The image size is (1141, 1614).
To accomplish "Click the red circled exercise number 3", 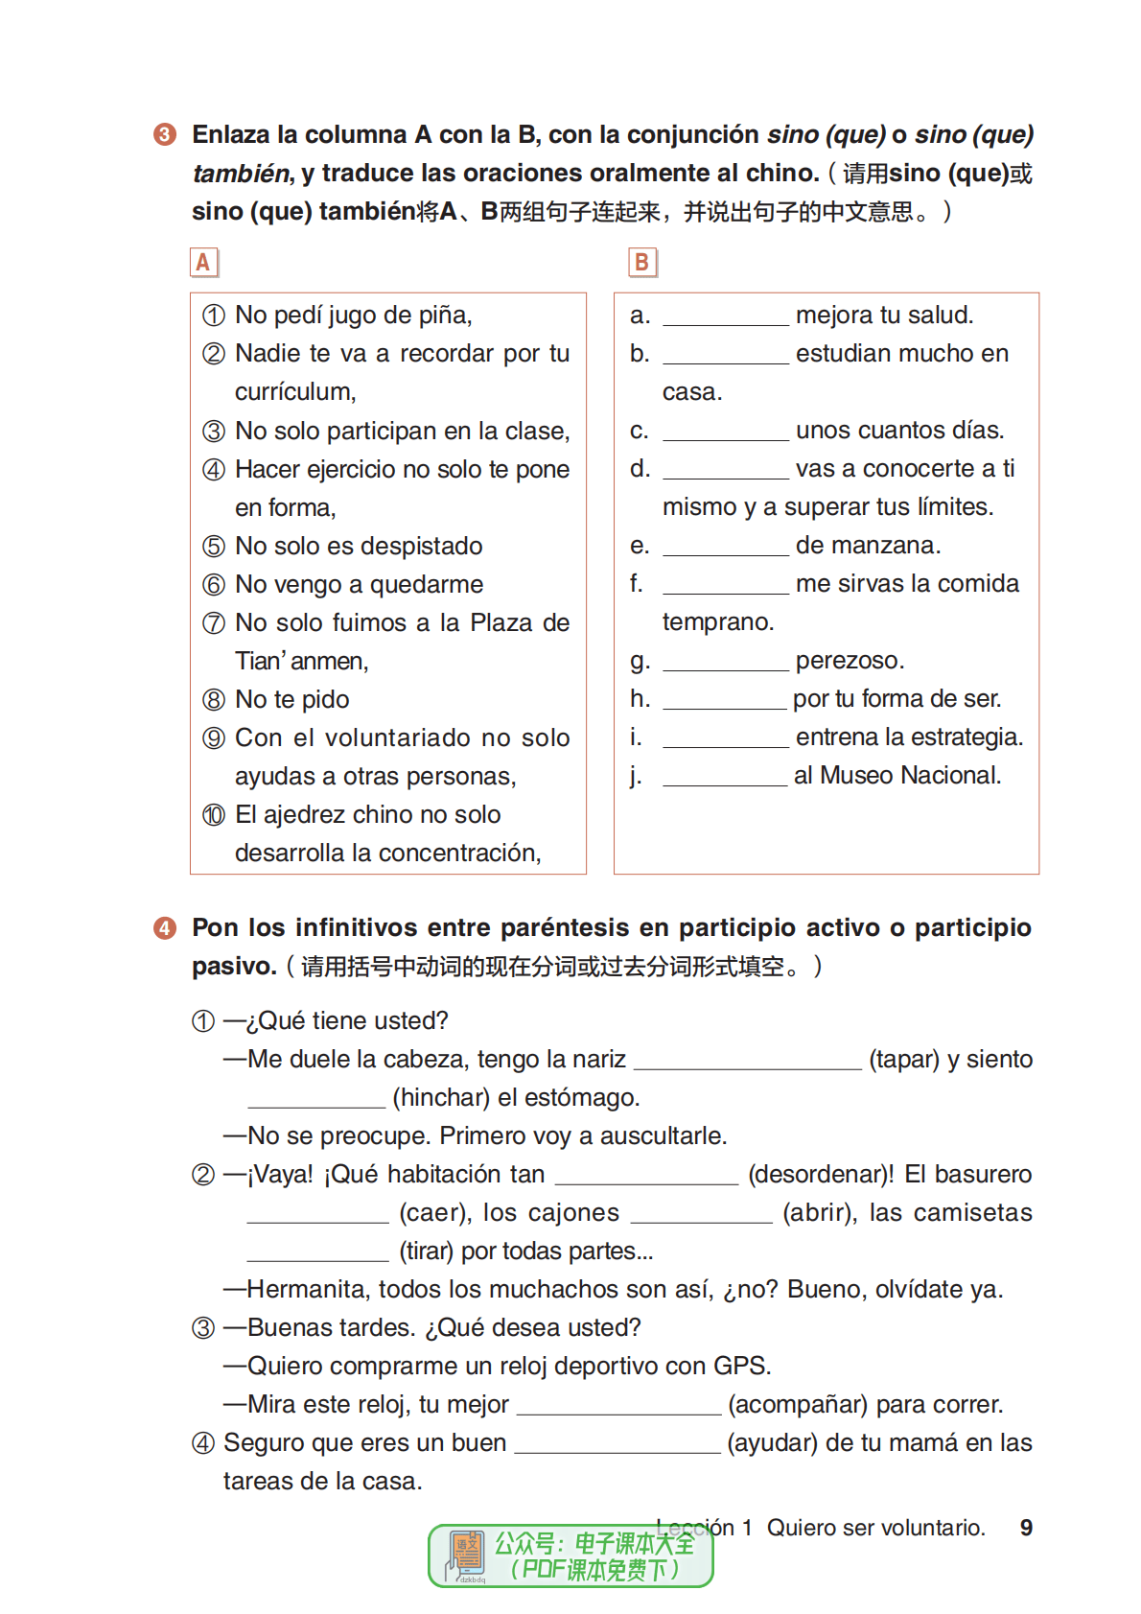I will tap(165, 134).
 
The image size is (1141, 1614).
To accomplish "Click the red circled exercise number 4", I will tap(165, 928).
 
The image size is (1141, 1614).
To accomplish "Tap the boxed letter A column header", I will tap(203, 262).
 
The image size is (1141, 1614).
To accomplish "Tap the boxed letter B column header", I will tap(642, 262).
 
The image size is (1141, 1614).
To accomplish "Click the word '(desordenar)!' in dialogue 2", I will tap(821, 1175).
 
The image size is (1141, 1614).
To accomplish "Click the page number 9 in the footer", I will tap(1026, 1528).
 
